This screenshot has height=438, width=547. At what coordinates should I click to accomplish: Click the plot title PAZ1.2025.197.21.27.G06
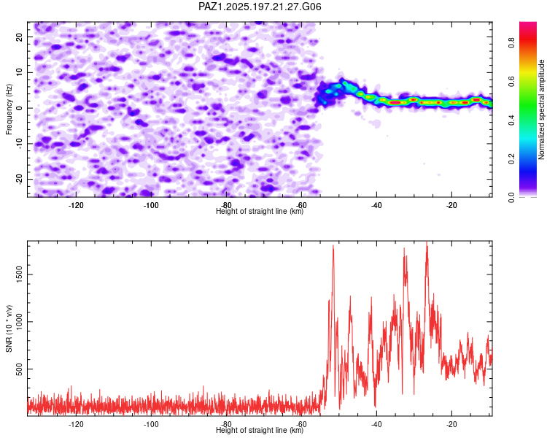pyautogui.click(x=260, y=7)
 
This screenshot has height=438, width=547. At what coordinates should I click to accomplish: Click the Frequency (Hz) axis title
pyautogui.click(x=9, y=109)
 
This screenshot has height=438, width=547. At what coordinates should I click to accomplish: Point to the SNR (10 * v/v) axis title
pyautogui.click(x=9, y=328)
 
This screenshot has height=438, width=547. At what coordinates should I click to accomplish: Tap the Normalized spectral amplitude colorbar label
pyautogui.click(x=541, y=109)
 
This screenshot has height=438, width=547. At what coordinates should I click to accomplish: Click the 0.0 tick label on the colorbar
pyautogui.click(x=512, y=198)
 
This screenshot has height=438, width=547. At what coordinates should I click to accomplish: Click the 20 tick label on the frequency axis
pyautogui.click(x=19, y=36)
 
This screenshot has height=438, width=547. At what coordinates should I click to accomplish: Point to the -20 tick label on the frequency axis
pyautogui.click(x=19, y=179)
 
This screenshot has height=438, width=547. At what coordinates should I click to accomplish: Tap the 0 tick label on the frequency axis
pyautogui.click(x=19, y=108)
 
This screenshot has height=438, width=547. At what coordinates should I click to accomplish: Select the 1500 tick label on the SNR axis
pyautogui.click(x=19, y=274)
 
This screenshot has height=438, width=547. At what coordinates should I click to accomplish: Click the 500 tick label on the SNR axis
pyautogui.click(x=19, y=369)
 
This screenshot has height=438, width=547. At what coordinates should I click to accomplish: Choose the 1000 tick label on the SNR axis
pyautogui.click(x=19, y=322)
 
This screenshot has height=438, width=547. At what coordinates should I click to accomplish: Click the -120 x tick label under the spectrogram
pyautogui.click(x=76, y=205)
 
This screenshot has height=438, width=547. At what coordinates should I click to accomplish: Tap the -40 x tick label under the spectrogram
pyautogui.click(x=376, y=205)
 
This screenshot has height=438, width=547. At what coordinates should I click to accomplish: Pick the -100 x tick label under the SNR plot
pyautogui.click(x=151, y=424)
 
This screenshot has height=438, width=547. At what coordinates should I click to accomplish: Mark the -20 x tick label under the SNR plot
pyautogui.click(x=451, y=424)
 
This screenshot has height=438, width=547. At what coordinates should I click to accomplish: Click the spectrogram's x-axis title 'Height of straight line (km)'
pyautogui.click(x=260, y=211)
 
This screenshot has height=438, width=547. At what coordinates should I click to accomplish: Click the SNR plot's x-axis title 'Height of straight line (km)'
pyautogui.click(x=260, y=430)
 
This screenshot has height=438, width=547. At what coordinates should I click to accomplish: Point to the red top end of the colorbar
pyautogui.click(x=528, y=23)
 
